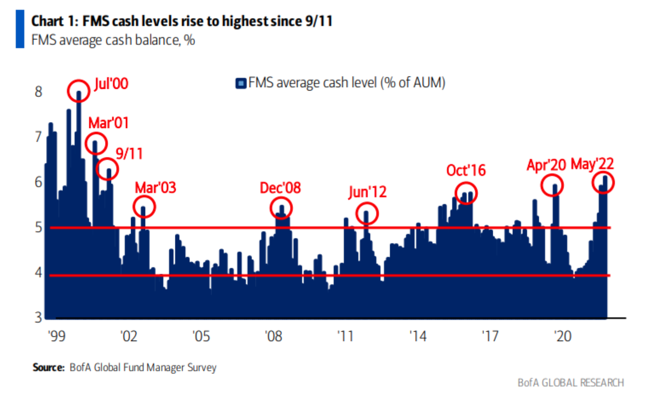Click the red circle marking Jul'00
[x=79, y=91]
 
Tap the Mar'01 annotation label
[x=108, y=123]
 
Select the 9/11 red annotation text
[x=129, y=154]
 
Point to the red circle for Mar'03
[x=144, y=207]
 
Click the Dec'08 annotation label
[x=280, y=188]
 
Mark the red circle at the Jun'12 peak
[x=367, y=213]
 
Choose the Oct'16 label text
[x=466, y=170]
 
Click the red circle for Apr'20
[x=552, y=185]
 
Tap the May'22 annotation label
[x=592, y=164]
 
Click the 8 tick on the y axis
[x=39, y=92]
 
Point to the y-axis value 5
[x=39, y=227]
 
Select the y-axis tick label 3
[x=39, y=318]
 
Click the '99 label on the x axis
[x=57, y=336]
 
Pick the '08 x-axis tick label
[x=274, y=336]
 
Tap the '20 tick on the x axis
[x=563, y=336]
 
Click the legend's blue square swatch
[x=241, y=83]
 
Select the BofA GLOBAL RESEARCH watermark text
[x=570, y=383]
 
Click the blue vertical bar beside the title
[x=20, y=29]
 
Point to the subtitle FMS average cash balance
[x=113, y=40]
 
